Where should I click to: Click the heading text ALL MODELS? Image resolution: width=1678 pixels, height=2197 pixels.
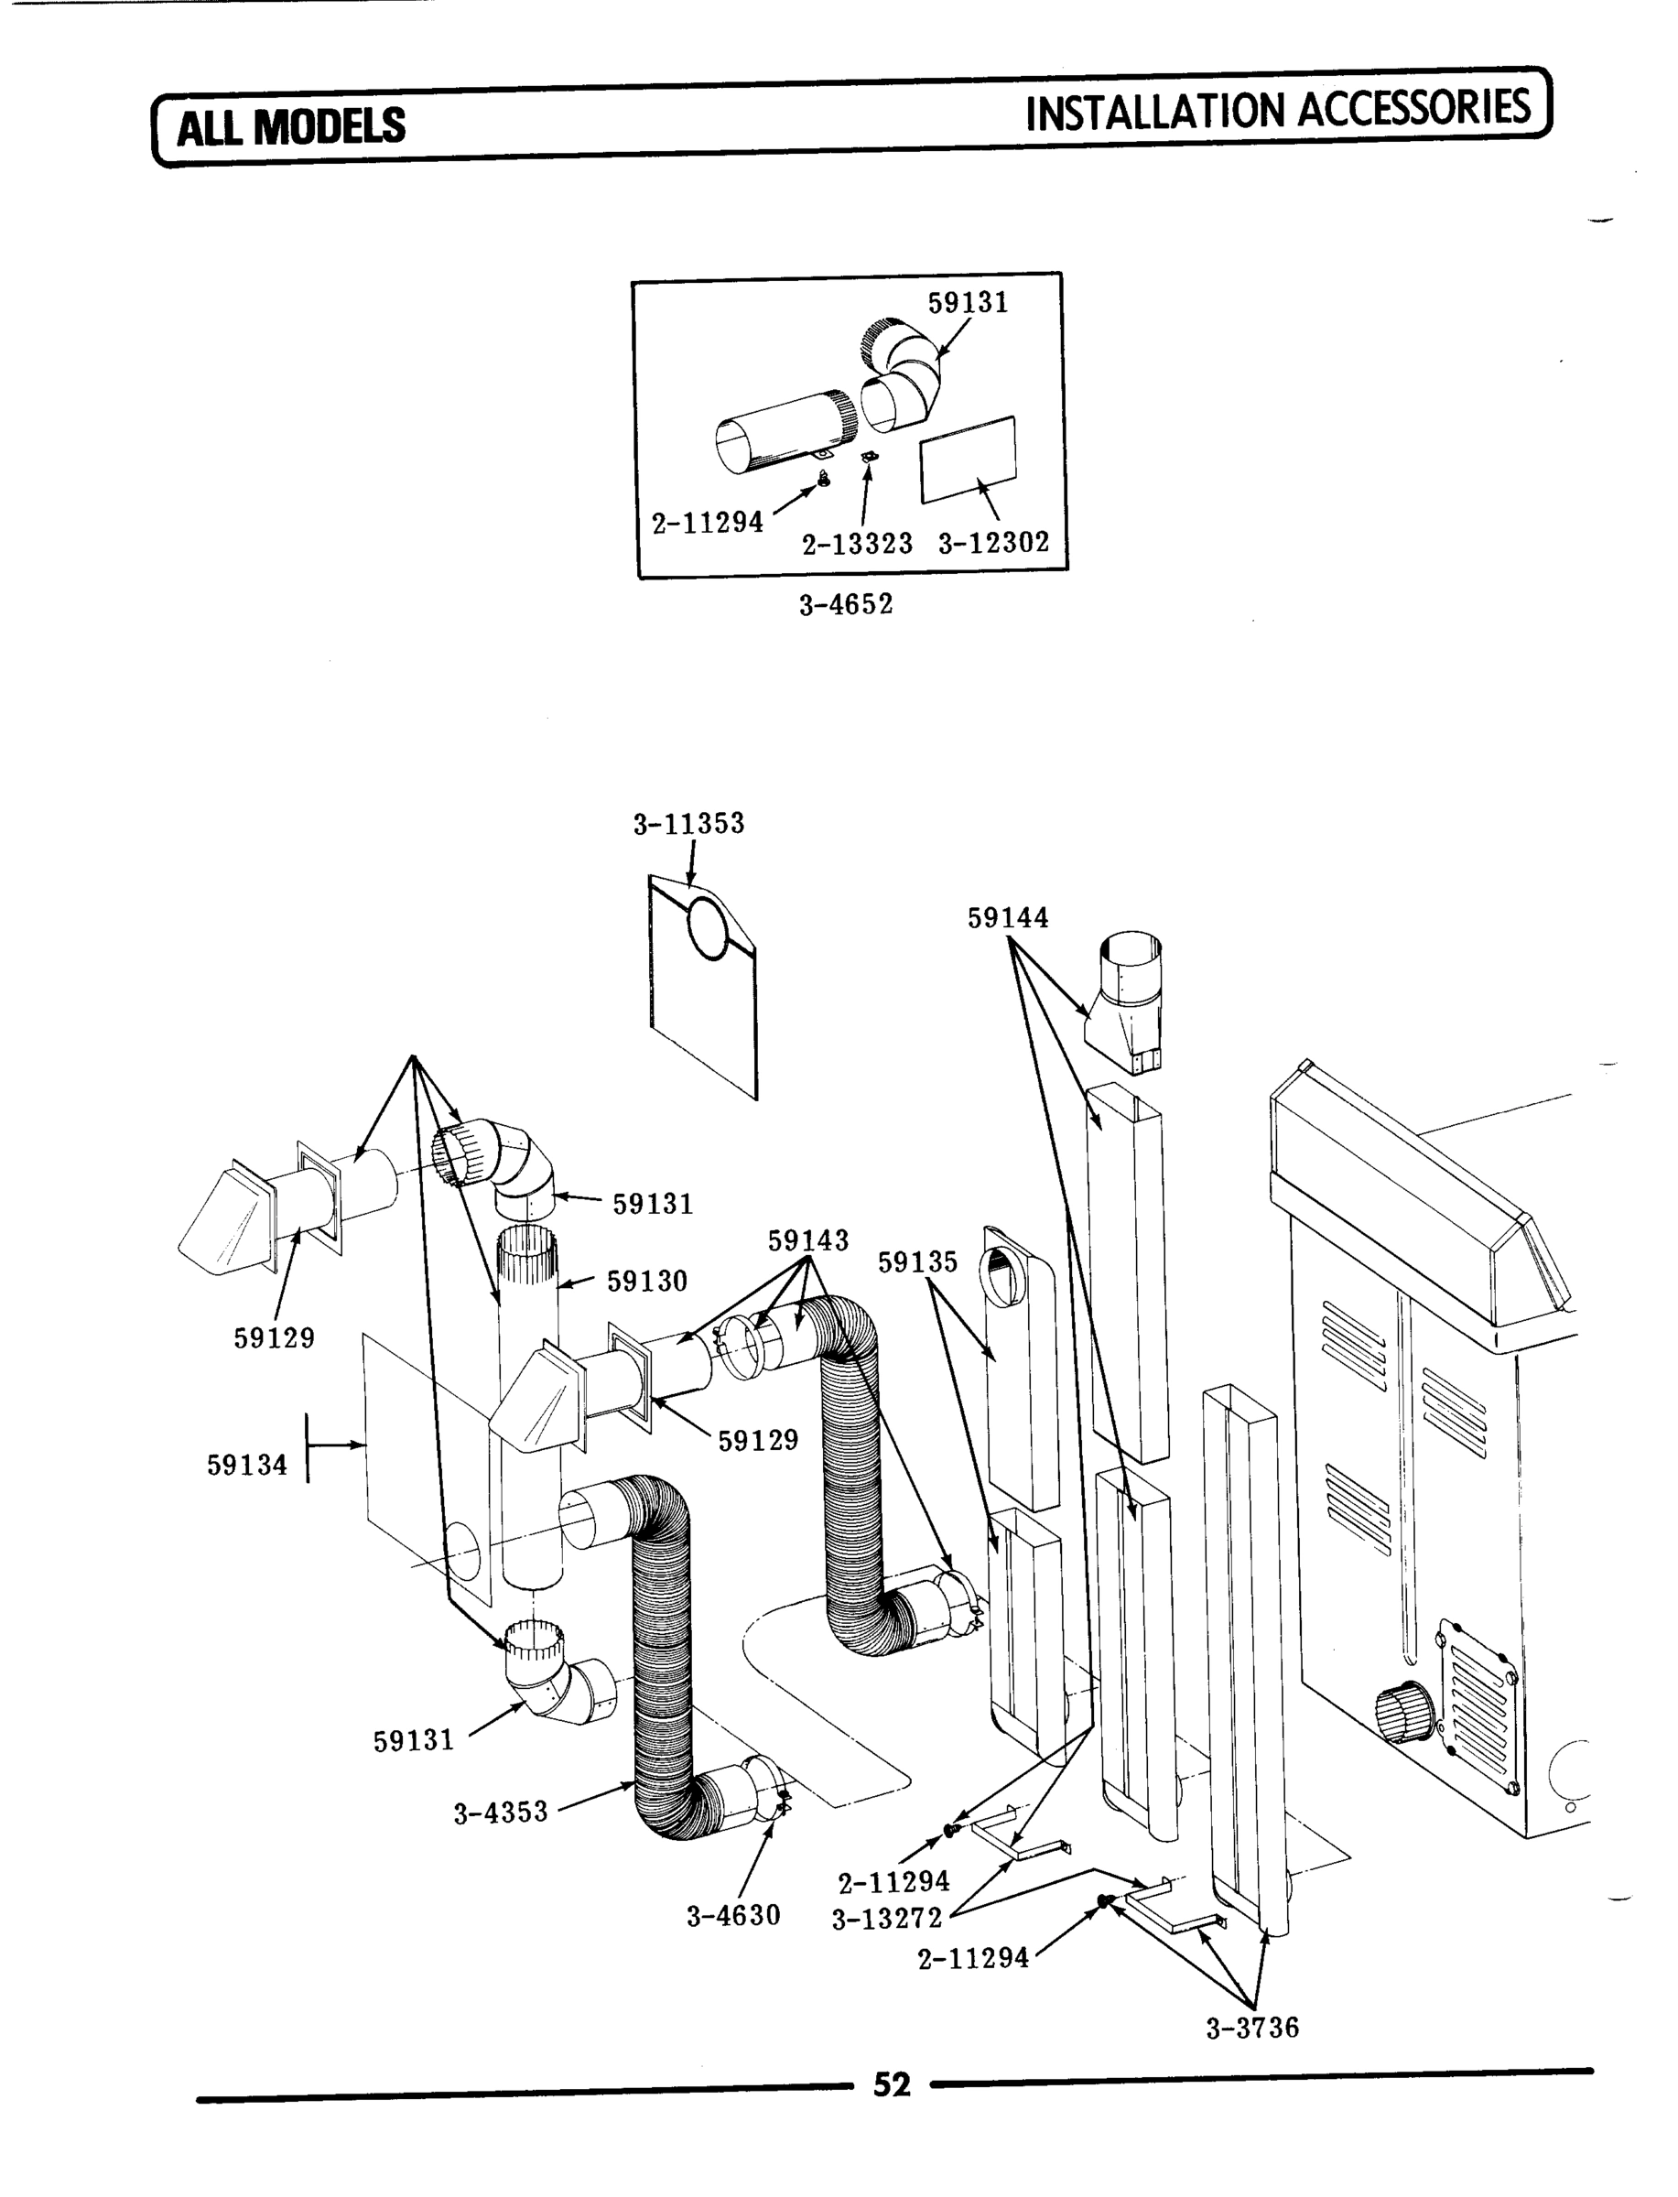click(x=291, y=128)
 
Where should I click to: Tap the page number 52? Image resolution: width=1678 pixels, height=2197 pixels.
click(x=892, y=2084)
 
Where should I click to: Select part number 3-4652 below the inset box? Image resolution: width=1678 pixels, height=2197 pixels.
click(x=845, y=605)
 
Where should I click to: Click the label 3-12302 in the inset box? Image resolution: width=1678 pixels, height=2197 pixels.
click(x=994, y=543)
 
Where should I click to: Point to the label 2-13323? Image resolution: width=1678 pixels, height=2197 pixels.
click(x=857, y=545)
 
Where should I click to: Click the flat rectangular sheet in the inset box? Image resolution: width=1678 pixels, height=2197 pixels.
click(x=968, y=459)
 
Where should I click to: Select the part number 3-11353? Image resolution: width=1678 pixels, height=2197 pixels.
click(x=688, y=824)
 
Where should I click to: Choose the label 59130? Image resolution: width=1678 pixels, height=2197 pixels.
click(x=647, y=1282)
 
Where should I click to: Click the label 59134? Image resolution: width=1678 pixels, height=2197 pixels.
click(x=246, y=1466)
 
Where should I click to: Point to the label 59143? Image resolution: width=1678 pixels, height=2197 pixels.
click(x=808, y=1240)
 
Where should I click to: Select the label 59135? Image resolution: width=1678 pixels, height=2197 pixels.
click(x=917, y=1262)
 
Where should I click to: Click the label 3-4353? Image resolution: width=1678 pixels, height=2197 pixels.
click(x=501, y=1813)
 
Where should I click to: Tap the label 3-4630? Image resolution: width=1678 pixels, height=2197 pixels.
click(x=733, y=1915)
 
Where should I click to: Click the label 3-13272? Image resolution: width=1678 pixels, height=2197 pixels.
click(x=887, y=1919)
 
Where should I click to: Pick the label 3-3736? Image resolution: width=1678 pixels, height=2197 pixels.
click(x=1252, y=2029)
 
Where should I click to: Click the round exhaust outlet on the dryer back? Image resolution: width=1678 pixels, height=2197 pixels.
click(x=1405, y=1714)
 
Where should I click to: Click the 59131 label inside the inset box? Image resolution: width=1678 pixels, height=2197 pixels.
click(x=968, y=303)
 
